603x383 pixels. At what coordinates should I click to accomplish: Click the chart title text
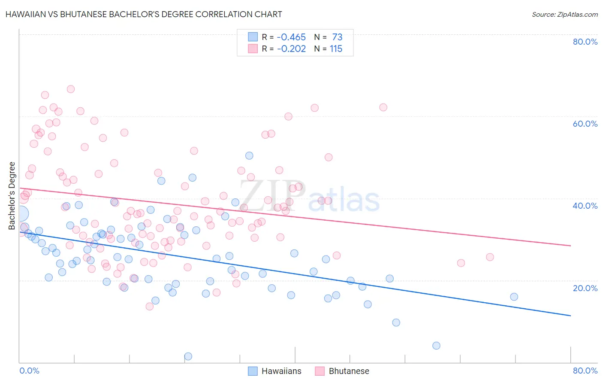[144, 14]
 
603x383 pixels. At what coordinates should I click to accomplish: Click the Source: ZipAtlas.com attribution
[564, 15]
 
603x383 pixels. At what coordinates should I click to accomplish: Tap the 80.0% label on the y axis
[585, 42]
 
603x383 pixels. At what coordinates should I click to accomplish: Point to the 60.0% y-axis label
[585, 124]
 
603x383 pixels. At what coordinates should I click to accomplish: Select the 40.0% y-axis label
[585, 206]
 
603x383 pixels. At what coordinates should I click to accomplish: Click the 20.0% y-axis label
[585, 288]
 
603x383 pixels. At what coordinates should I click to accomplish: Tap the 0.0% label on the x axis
[29, 371]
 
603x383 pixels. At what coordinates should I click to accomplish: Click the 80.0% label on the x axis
[585, 371]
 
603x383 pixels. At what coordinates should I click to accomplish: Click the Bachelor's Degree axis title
[12, 196]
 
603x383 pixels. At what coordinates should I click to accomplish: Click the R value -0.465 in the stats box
[291, 37]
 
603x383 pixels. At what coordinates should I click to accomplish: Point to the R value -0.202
[291, 49]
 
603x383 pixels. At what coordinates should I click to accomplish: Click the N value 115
[336, 49]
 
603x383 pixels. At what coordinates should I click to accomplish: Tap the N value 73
[337, 37]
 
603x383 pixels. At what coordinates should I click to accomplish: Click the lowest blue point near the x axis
[188, 356]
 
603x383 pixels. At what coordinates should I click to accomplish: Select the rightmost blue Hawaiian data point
[514, 297]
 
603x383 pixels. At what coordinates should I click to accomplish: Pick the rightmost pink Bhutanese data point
[490, 257]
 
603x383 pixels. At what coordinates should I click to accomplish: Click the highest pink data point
[71, 89]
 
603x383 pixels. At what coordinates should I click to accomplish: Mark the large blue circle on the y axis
[21, 213]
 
